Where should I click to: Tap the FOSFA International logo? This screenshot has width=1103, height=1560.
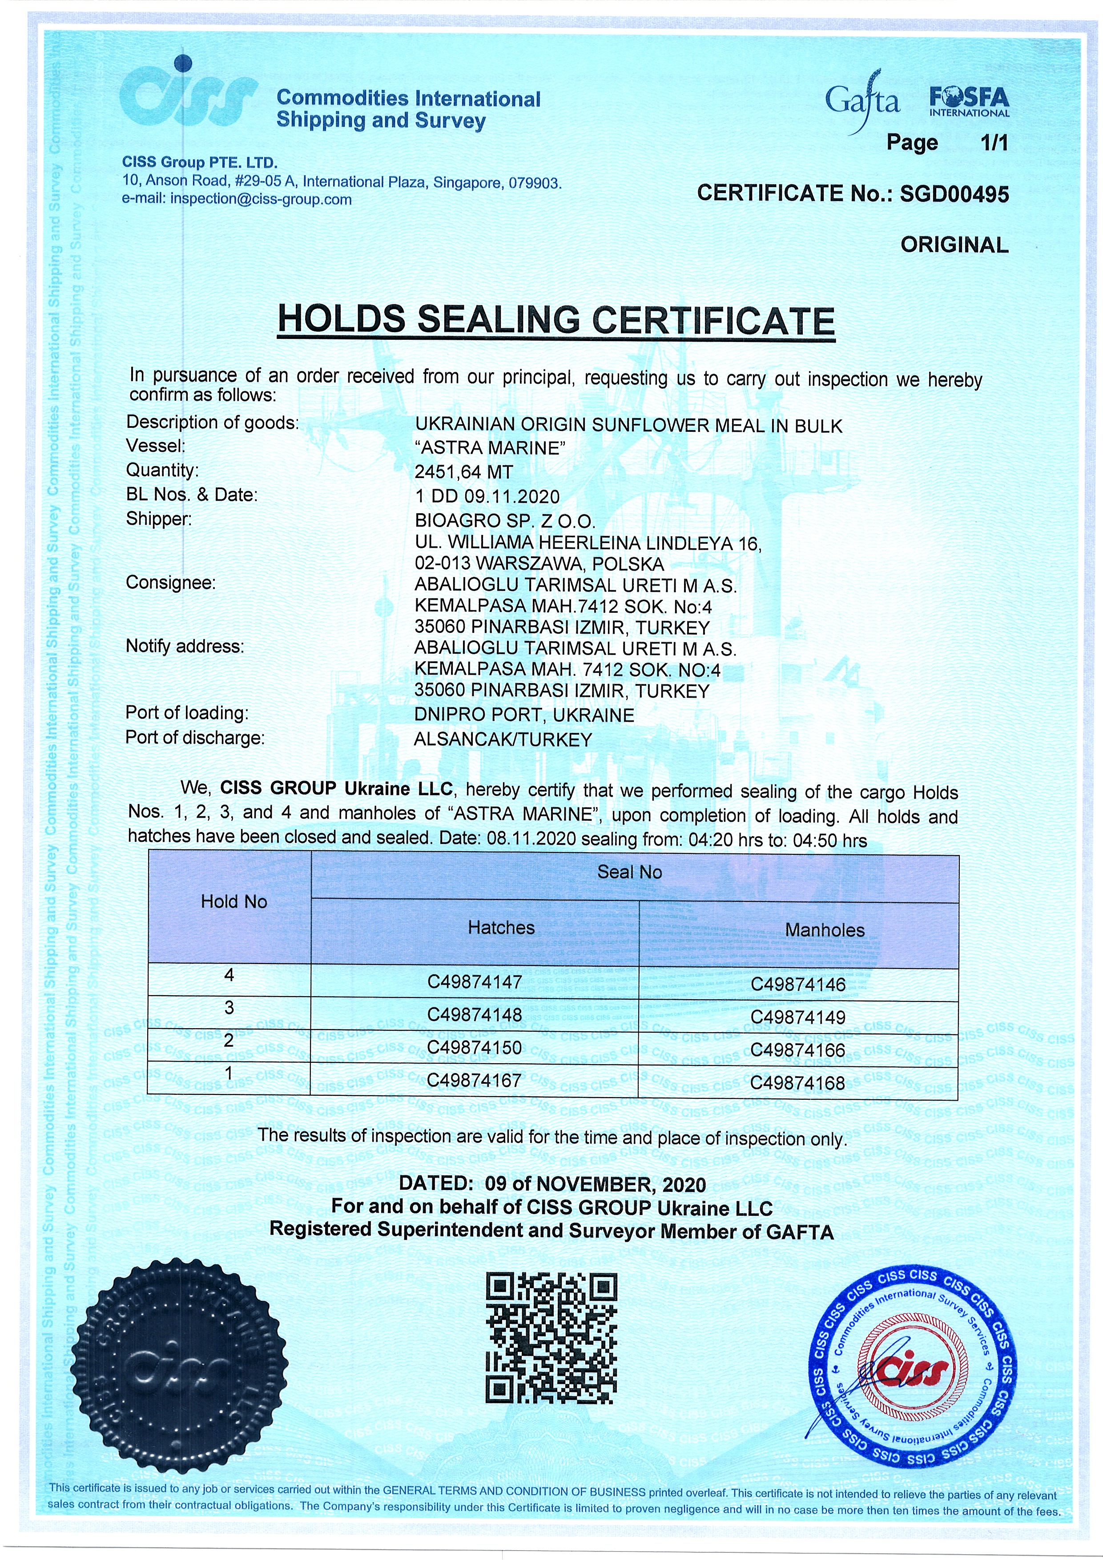point(969,102)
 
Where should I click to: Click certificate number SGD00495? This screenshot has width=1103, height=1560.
point(954,194)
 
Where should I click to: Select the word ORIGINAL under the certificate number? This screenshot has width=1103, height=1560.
point(954,245)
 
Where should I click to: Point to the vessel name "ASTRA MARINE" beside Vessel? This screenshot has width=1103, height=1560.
point(491,448)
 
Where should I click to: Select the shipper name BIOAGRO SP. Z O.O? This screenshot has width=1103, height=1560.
point(505,521)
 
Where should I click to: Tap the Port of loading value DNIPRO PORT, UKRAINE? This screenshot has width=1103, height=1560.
point(524,715)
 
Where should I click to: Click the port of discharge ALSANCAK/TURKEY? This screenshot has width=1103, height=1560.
point(503,739)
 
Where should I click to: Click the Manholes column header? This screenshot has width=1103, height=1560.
point(825,930)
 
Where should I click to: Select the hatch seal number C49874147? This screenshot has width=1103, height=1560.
point(475,982)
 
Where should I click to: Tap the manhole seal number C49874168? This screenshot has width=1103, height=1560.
point(798,1083)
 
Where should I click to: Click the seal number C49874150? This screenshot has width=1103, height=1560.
point(475,1048)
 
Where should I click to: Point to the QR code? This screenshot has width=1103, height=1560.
point(551,1339)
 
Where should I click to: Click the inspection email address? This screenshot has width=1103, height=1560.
point(261,200)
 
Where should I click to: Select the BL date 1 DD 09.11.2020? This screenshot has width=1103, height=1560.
point(487,497)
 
